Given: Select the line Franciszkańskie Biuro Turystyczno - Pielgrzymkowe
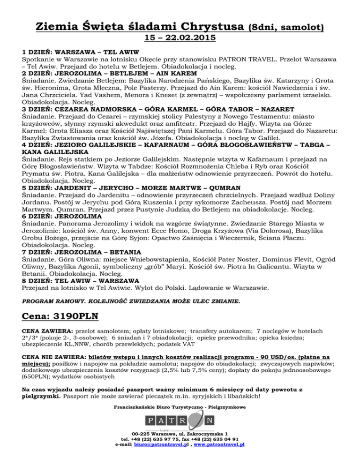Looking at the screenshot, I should (x=180, y=407).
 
